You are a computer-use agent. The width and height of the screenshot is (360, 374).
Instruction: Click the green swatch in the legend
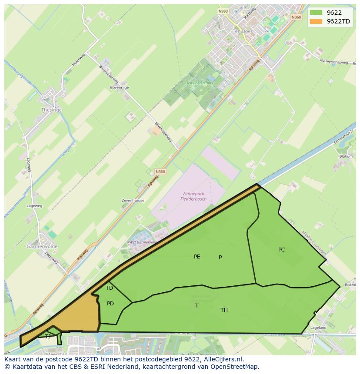tap(316, 13)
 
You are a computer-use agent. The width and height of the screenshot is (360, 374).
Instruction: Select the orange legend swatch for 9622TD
tap(316, 21)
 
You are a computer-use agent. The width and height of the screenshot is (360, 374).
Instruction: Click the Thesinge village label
tap(51, 110)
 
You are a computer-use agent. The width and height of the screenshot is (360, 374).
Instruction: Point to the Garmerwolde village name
tap(42, 246)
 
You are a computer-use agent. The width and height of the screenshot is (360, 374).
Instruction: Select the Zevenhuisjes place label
tap(133, 201)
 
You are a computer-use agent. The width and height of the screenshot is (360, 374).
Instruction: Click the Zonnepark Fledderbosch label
tap(193, 196)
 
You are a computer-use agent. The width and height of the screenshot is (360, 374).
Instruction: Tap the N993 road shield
tap(223, 11)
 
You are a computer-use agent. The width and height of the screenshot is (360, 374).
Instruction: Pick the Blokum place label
tap(346, 156)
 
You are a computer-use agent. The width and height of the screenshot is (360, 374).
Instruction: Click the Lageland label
tap(318, 328)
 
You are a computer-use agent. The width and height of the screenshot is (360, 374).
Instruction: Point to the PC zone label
tap(281, 250)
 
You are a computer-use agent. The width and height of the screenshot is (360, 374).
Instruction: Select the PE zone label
tap(197, 257)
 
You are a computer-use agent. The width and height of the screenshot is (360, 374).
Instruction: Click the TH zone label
tap(224, 310)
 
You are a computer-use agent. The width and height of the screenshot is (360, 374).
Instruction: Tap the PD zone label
tap(110, 304)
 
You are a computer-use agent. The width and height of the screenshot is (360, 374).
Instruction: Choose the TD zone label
tap(109, 288)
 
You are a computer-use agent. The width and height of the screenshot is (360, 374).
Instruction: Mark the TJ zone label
tap(47, 337)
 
